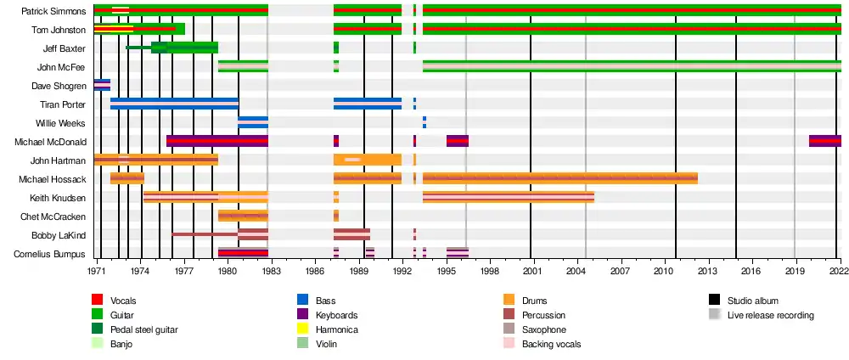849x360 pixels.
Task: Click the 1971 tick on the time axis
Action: [95, 270]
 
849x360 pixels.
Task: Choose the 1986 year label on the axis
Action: [315, 270]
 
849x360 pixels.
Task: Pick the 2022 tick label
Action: [837, 270]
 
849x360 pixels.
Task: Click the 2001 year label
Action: [531, 270]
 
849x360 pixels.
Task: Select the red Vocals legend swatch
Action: [98, 301]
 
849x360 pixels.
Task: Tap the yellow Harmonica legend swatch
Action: [302, 329]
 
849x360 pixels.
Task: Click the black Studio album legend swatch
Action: [714, 301]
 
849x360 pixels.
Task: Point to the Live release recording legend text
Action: [771, 315]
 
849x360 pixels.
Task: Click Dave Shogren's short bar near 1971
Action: [102, 85]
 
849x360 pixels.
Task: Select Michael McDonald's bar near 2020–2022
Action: [824, 141]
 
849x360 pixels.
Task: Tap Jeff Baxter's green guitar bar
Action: [184, 48]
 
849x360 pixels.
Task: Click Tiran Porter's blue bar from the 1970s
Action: [174, 104]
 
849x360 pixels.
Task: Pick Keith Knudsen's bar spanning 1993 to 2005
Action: [508, 197]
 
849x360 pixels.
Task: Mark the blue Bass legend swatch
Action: [302, 301]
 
